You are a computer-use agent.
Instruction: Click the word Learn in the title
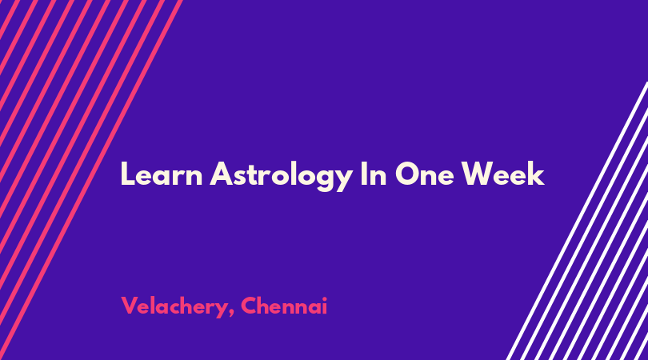tap(162, 174)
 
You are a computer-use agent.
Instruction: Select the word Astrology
tap(281, 176)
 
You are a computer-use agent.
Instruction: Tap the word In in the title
tap(374, 174)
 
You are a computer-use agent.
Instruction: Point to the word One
tap(425, 174)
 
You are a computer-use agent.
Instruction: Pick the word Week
tap(503, 174)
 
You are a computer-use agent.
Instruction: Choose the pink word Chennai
tap(284, 306)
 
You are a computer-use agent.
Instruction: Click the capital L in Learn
tap(128, 174)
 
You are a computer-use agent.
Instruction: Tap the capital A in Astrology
tap(222, 174)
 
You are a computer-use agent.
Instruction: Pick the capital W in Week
tap(478, 174)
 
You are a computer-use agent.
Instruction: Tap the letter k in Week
tap(536, 174)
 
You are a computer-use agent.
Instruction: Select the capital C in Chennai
tap(250, 306)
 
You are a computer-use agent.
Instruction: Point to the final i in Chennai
tap(325, 306)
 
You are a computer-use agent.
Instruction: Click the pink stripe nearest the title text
tap(91, 180)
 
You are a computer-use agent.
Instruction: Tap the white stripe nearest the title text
tap(577, 221)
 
